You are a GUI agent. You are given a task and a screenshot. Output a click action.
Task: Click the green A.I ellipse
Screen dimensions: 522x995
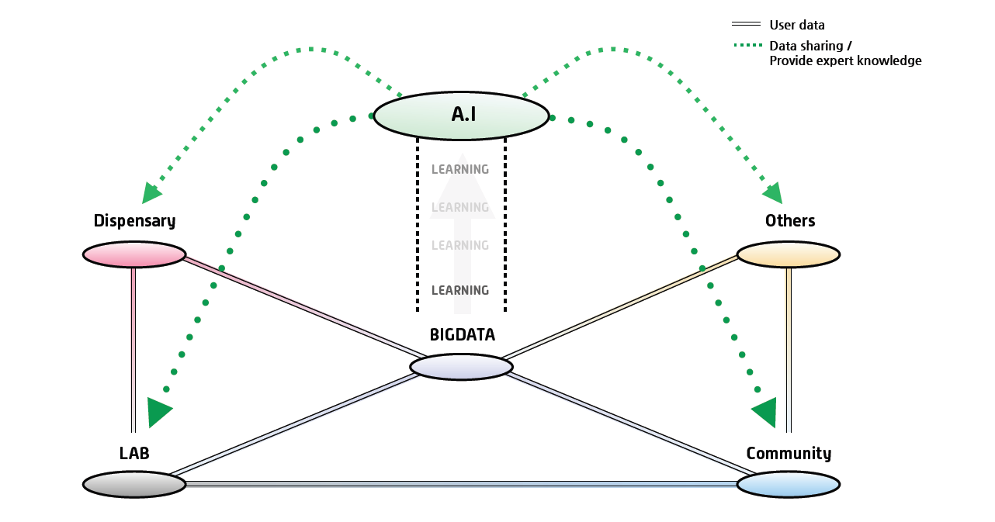click(x=461, y=116)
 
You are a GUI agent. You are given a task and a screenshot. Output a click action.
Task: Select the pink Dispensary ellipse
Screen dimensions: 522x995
click(x=134, y=254)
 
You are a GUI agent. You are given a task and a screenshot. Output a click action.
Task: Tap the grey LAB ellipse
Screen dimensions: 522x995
click(x=134, y=484)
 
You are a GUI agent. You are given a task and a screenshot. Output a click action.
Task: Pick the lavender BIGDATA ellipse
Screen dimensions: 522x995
click(x=461, y=367)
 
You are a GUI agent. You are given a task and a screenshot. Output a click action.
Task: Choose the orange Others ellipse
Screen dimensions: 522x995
click(x=788, y=254)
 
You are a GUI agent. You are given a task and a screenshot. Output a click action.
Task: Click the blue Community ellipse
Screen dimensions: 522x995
click(x=788, y=484)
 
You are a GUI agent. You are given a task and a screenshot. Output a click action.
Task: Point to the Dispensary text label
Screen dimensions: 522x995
click(x=134, y=221)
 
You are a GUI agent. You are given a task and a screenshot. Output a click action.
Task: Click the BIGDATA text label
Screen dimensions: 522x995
click(x=462, y=335)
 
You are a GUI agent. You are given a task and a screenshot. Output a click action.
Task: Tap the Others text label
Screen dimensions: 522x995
click(x=790, y=221)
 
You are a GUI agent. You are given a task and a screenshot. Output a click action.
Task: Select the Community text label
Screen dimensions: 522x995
click(x=789, y=454)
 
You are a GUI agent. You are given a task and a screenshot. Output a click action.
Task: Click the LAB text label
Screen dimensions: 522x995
click(x=134, y=454)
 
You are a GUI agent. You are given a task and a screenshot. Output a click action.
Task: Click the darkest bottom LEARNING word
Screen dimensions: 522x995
click(x=460, y=291)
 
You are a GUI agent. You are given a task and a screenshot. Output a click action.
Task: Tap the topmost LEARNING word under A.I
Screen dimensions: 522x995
click(x=460, y=170)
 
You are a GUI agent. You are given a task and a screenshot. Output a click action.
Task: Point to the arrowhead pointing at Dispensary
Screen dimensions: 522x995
click(x=152, y=193)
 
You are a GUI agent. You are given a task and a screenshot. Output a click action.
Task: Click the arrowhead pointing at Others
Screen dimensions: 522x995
click(x=772, y=192)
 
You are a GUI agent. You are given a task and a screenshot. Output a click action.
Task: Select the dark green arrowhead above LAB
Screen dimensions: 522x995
click(x=158, y=412)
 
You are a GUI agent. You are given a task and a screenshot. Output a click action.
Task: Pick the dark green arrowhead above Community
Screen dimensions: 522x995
click(x=764, y=412)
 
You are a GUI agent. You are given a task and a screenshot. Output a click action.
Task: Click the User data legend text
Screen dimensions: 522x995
click(x=797, y=26)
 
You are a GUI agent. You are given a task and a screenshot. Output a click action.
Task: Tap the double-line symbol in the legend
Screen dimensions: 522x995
click(x=746, y=26)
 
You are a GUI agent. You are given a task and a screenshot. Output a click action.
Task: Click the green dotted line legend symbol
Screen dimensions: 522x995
click(x=746, y=46)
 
